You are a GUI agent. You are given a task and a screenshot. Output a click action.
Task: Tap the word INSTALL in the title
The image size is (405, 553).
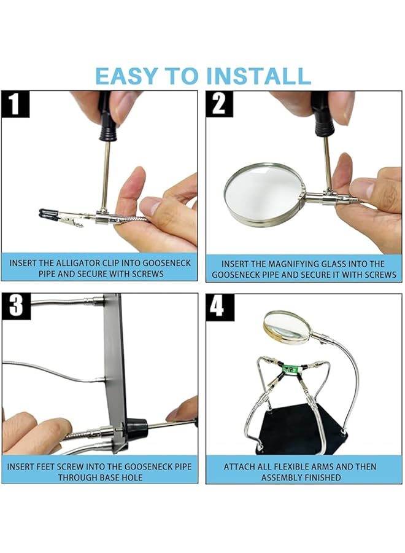tap(258, 76)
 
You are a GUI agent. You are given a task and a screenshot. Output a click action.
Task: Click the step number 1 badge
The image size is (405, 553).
tap(15, 104)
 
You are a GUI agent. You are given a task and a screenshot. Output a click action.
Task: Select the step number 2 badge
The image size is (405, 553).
tap(220, 104)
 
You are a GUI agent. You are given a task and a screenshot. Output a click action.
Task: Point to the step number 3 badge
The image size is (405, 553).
tap(16, 306)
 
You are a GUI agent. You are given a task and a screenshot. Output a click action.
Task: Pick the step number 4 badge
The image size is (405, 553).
tap(220, 307)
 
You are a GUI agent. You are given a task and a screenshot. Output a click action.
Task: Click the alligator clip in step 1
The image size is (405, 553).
tap(67, 218)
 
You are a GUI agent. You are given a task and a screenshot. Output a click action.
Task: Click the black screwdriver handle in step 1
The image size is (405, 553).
tap(108, 116)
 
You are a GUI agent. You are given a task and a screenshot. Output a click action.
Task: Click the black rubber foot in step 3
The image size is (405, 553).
tap(136, 427)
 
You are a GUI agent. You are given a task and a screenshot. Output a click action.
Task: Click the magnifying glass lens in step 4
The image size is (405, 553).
tap(286, 327)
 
